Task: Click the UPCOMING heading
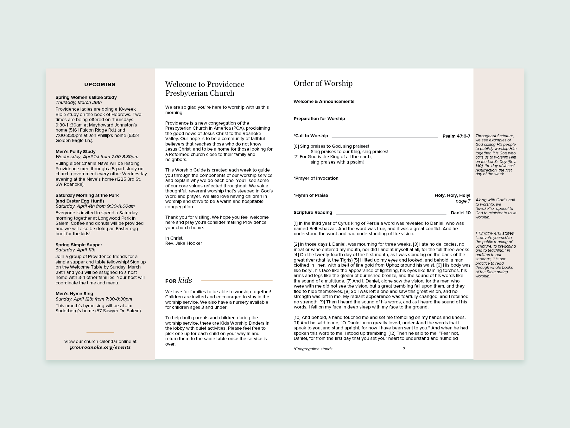(x=100, y=85)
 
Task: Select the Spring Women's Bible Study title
(x=86, y=97)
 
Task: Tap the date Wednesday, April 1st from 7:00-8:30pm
(x=97, y=157)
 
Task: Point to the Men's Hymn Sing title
(x=74, y=294)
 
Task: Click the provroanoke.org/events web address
(x=100, y=347)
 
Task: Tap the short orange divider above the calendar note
(x=100, y=332)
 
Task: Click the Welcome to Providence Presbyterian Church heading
(x=205, y=89)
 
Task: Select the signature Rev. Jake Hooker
(x=184, y=243)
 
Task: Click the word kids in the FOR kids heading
(x=185, y=280)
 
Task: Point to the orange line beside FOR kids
(x=237, y=281)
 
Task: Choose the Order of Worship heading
(x=323, y=83)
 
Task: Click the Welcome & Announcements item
(x=324, y=101)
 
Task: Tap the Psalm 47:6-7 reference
(x=456, y=136)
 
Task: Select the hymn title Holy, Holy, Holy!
(x=452, y=195)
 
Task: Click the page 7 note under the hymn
(x=463, y=201)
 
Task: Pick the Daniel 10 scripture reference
(x=460, y=213)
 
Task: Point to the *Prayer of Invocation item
(x=316, y=178)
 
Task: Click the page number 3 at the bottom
(x=404, y=349)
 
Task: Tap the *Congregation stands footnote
(x=313, y=349)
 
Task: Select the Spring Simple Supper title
(x=79, y=245)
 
